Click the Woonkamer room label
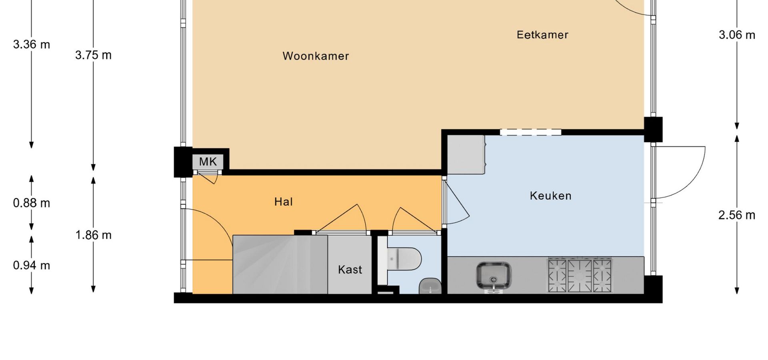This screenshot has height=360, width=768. pos(316,56)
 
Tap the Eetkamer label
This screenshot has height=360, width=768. pos(542,35)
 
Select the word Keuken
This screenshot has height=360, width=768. pos(550,196)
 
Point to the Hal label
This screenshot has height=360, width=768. pos(283,202)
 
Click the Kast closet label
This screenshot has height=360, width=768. pos(350,270)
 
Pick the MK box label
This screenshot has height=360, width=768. pos(208,162)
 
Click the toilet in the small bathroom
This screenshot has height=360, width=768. pos(404,258)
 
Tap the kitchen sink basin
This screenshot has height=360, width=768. pos(494,275)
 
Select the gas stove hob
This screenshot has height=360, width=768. pos(580,275)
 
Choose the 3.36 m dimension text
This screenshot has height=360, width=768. pos(32,44)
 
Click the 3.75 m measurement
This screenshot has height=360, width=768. pos(93,55)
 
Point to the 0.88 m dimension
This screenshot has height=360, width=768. pos(32,203)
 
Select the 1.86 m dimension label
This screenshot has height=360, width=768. pos(93,235)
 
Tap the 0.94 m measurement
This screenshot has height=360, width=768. pos(32,265)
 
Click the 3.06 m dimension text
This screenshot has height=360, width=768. pos(737,35)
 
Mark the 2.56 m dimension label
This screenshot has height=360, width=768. pos(737,215)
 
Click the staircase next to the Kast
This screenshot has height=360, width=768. pos(280,264)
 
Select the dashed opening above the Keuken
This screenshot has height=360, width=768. pos(531,132)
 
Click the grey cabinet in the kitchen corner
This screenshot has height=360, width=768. pos(466,154)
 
